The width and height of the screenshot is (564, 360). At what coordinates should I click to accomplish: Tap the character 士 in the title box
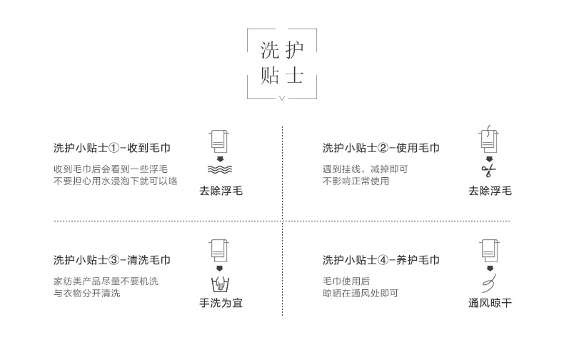(x=293, y=75)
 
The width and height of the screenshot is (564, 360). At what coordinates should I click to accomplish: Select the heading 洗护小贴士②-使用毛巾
(x=381, y=149)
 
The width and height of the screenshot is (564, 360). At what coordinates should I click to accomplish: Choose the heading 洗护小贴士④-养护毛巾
(x=381, y=260)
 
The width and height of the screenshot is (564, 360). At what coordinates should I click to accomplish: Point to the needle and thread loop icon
(x=489, y=282)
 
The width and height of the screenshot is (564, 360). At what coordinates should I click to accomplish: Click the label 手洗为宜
(x=221, y=303)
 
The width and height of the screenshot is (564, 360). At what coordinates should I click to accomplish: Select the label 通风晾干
(x=490, y=303)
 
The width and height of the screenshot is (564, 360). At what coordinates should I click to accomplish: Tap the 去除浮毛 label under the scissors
(x=490, y=191)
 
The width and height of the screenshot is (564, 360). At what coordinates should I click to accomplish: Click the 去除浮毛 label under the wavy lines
(x=221, y=191)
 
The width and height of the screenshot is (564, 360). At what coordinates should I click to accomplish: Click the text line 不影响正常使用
(x=356, y=181)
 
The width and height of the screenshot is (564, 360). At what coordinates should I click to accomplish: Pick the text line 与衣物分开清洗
(x=87, y=293)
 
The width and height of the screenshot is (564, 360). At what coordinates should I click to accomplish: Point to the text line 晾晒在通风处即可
(x=361, y=293)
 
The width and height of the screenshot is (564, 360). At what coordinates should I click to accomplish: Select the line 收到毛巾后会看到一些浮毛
(x=111, y=169)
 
